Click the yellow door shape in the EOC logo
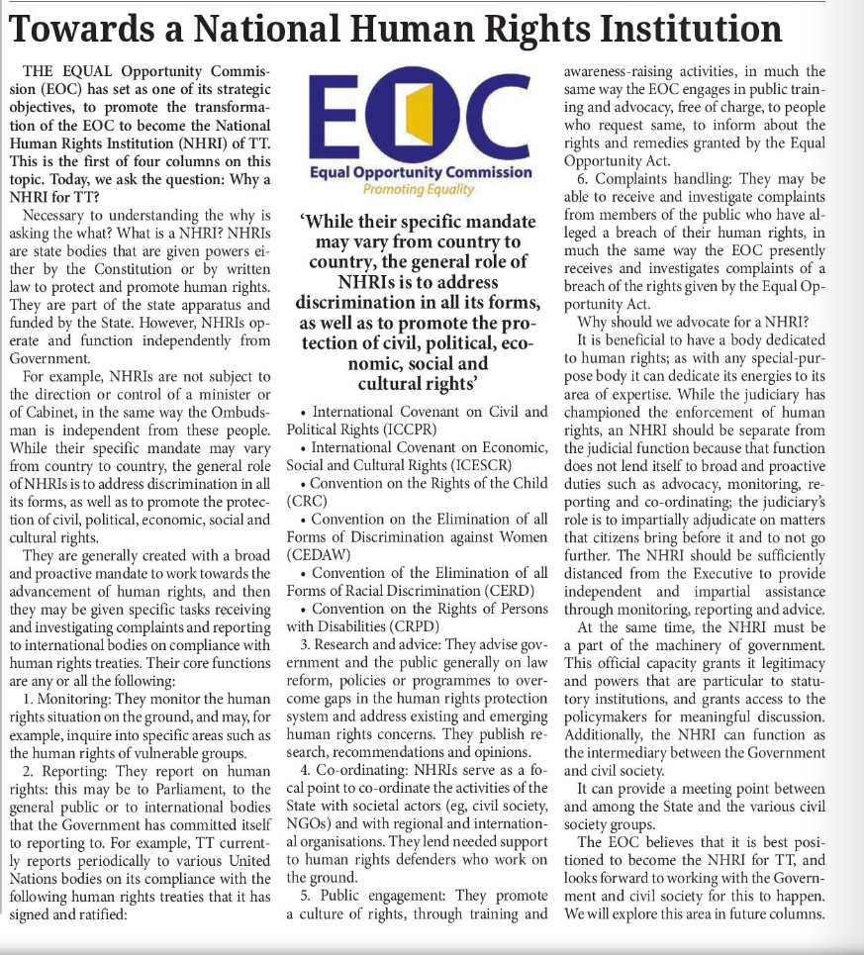[x=420, y=117]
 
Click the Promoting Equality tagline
[x=420, y=189]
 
